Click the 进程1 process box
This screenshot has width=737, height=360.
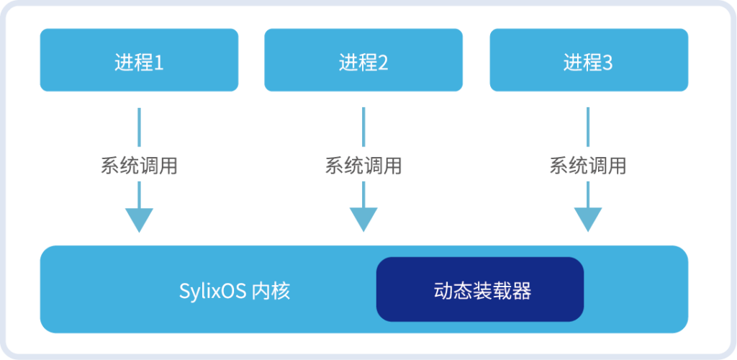[139, 60]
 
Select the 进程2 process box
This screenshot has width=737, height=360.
[363, 60]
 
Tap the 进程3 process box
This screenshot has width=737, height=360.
[589, 60]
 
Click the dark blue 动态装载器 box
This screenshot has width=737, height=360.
[480, 289]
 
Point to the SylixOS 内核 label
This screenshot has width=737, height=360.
[235, 291]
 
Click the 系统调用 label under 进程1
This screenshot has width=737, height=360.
[139, 166]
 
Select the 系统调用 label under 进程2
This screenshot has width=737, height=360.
[363, 166]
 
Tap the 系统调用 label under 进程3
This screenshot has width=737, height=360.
[588, 166]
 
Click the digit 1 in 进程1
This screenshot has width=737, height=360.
[159, 63]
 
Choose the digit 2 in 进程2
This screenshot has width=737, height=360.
[384, 63]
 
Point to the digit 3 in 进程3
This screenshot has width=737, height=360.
[607, 63]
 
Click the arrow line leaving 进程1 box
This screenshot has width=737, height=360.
[139, 126]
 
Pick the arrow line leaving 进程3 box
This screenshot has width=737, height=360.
[588, 126]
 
